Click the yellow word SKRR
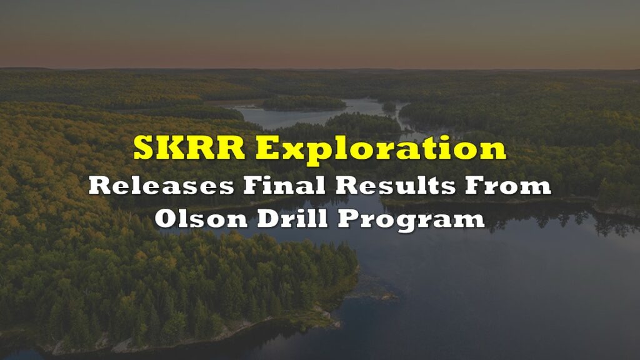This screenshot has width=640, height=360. (x=189, y=147)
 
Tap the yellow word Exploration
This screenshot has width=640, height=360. (x=381, y=149)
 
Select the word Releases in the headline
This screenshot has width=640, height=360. (x=161, y=185)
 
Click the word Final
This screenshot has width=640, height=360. (x=284, y=185)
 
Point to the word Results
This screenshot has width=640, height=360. (x=395, y=185)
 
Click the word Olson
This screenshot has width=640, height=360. (x=201, y=218)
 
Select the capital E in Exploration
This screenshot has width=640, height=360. (x=270, y=147)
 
